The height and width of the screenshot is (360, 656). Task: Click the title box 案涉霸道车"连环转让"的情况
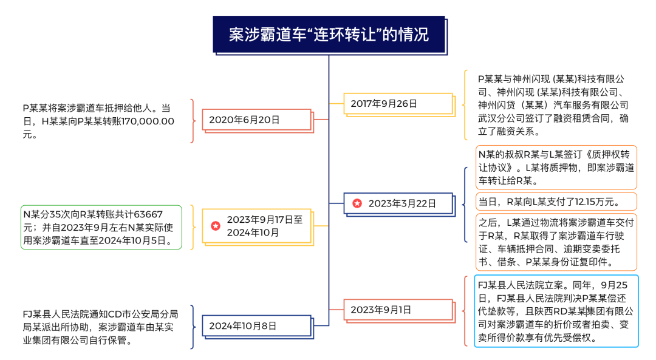328,34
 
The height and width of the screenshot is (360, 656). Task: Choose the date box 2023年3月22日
398,203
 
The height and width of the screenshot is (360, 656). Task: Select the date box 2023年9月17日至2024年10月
258,226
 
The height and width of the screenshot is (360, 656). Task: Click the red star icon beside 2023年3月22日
357,203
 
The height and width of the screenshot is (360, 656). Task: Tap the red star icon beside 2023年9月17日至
216,226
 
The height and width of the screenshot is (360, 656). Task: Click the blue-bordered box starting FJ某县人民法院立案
556,311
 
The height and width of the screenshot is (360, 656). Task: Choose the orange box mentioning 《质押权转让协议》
556,167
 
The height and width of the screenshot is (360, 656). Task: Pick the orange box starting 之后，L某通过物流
556,242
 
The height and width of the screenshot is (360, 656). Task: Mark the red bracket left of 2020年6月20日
193,121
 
